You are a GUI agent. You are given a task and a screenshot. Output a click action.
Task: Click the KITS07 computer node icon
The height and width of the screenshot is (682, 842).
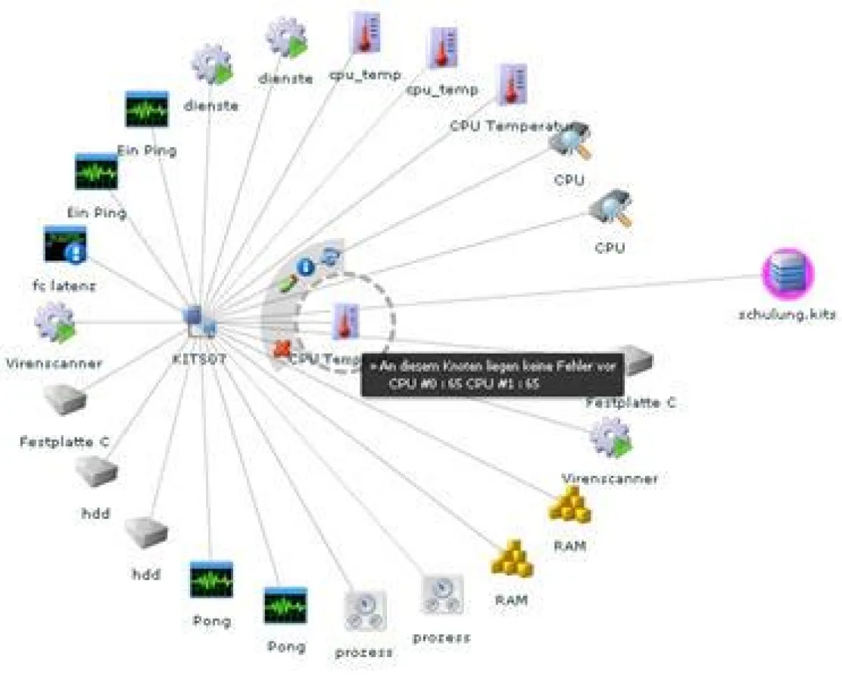pyautogui.click(x=201, y=321)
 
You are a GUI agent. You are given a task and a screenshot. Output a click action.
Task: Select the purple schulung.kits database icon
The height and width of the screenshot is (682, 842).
pyautogui.click(x=787, y=274)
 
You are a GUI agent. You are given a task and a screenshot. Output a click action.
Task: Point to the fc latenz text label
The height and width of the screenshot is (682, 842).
pyautogui.click(x=64, y=286)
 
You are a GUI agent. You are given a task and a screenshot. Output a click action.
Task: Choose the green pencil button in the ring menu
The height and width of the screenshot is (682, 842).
pyautogui.click(x=285, y=284)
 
